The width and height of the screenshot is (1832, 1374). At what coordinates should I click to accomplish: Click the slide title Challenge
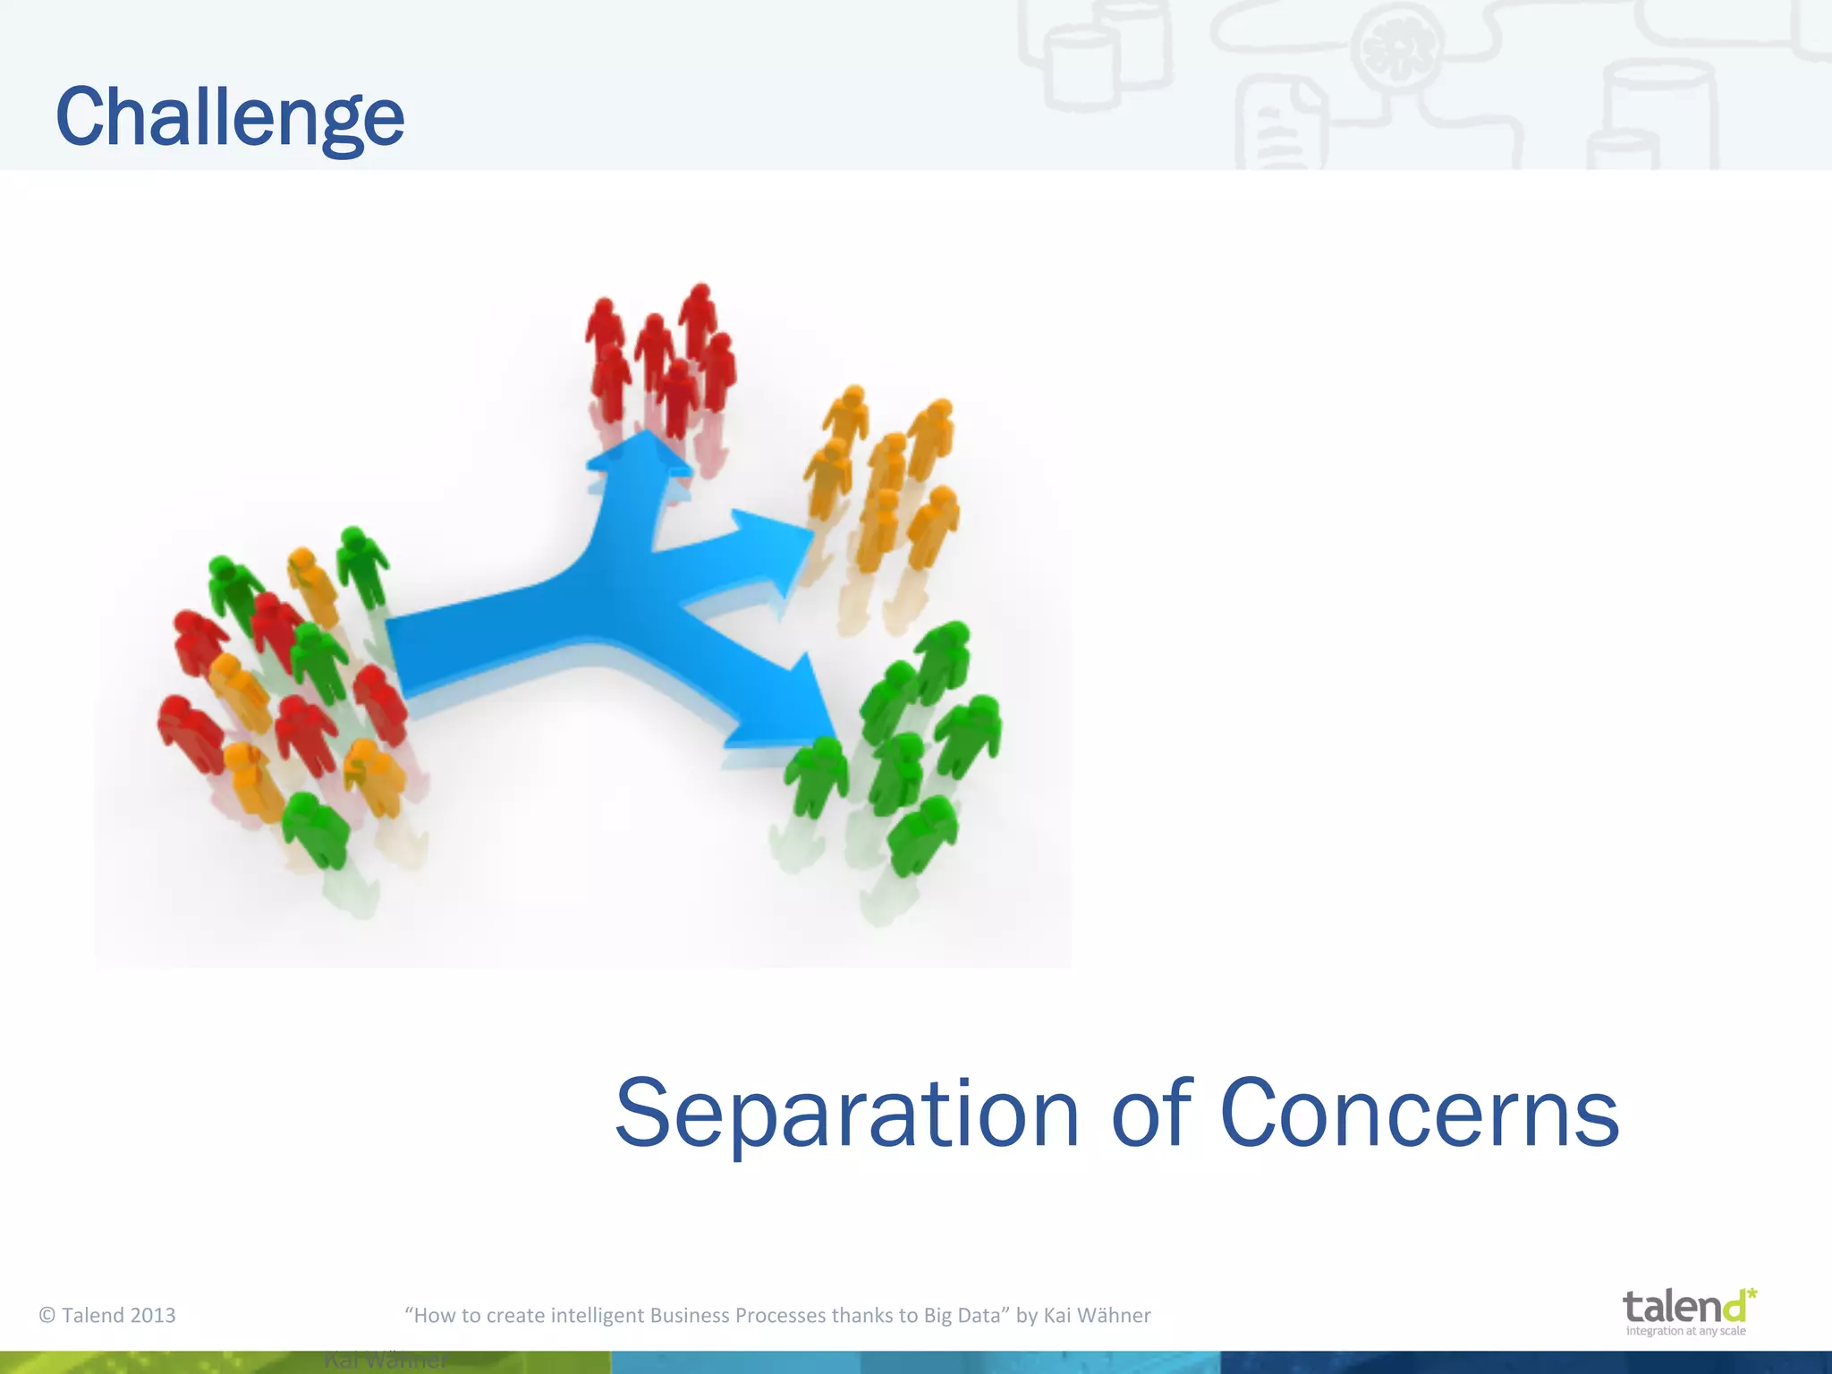[x=230, y=118]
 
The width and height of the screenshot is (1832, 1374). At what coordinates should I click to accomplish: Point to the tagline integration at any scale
[x=1685, y=1331]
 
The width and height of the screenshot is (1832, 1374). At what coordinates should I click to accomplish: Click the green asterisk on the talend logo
[x=1751, y=1294]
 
